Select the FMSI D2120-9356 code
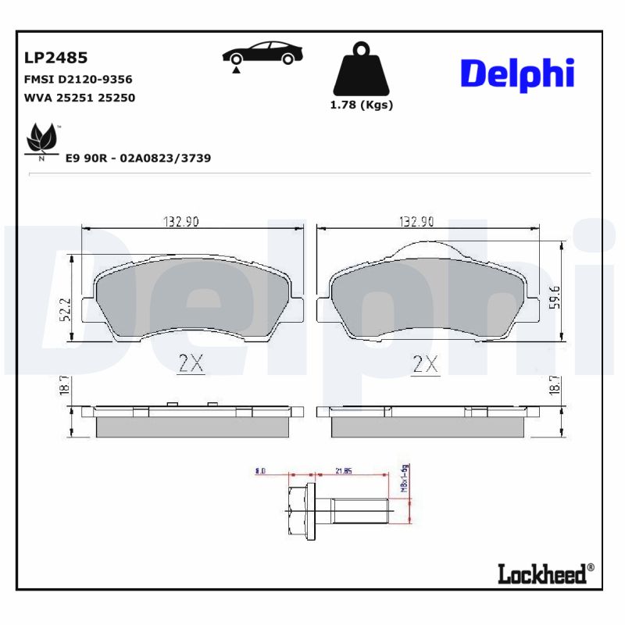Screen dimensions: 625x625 point(78,80)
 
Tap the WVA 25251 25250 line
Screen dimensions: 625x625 point(80,98)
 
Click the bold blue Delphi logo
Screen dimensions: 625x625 point(517,73)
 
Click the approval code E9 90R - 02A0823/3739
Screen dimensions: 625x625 point(138,158)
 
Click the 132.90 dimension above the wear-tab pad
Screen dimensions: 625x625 point(416,222)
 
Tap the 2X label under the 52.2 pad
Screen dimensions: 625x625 point(191,363)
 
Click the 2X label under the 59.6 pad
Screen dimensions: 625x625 point(426,363)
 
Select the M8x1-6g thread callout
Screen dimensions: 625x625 point(405,478)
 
